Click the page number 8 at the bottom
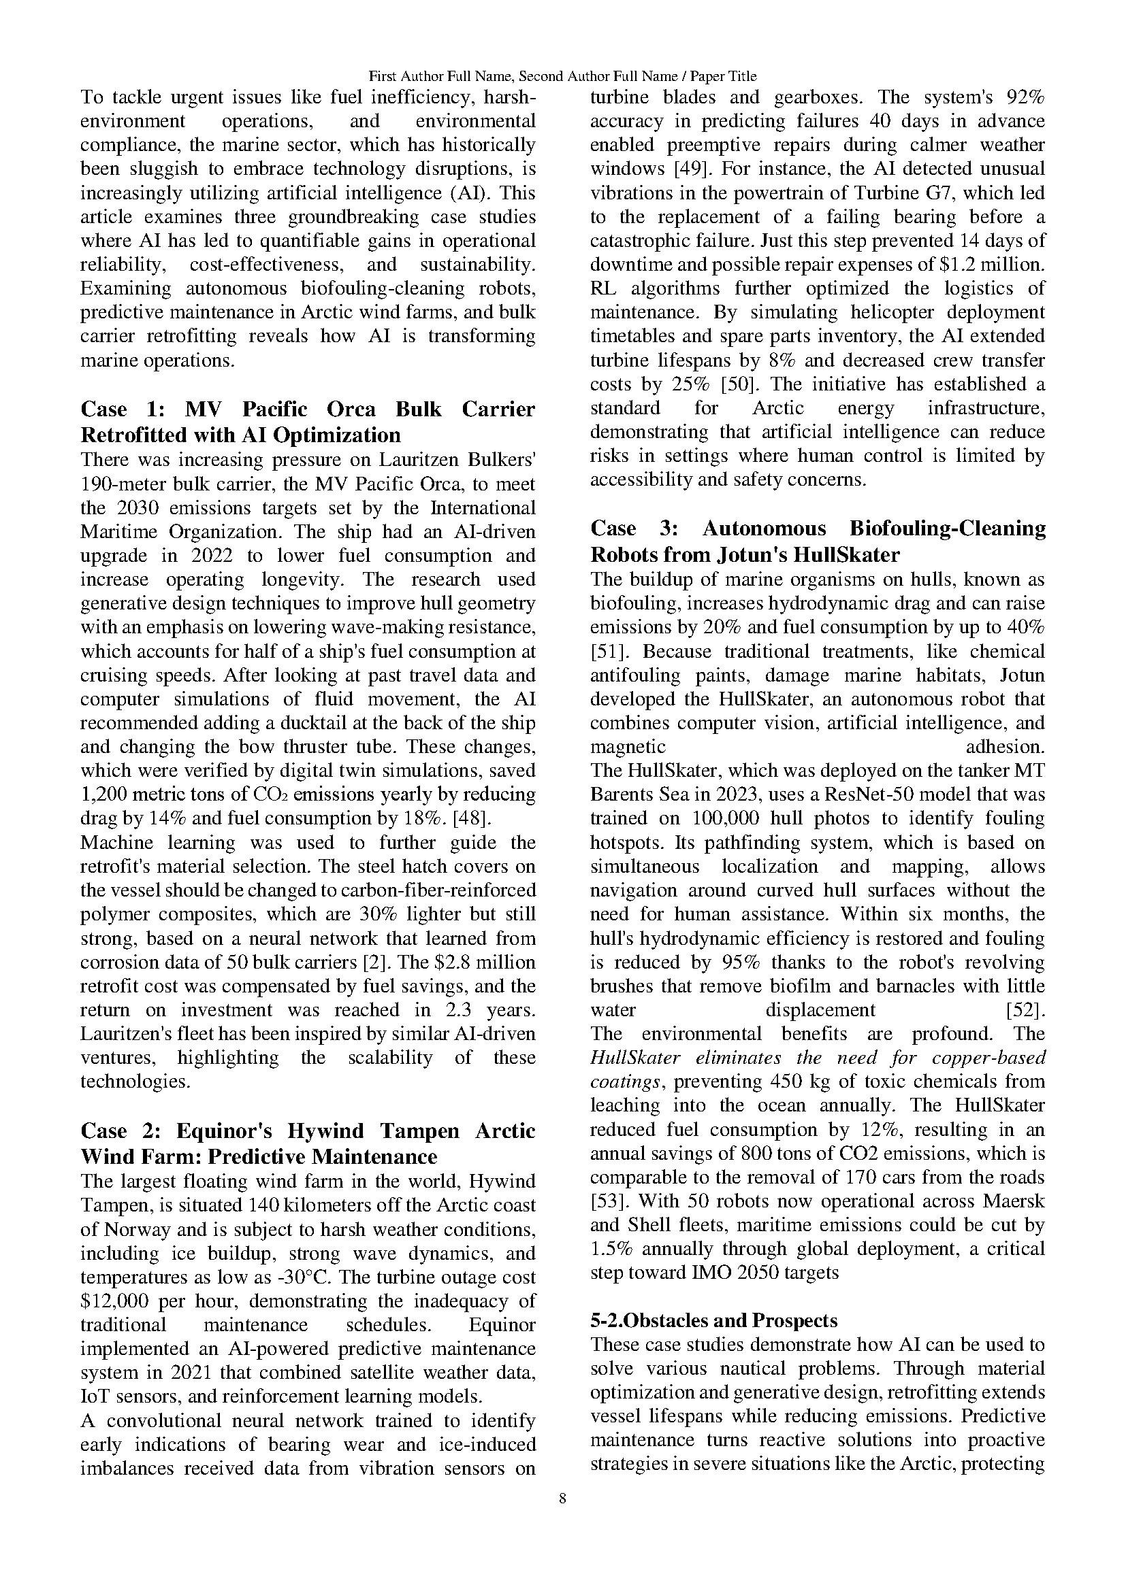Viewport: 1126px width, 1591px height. point(562,1499)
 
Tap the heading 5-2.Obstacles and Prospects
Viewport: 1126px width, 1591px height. point(713,1321)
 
